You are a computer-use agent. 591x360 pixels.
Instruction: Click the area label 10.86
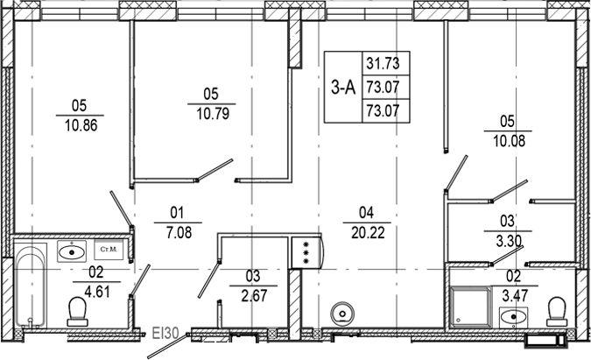tap(80, 124)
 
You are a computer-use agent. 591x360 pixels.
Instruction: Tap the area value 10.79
tap(211, 112)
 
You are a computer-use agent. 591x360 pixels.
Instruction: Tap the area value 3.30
tap(509, 238)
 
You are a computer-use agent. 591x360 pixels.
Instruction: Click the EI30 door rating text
tap(165, 333)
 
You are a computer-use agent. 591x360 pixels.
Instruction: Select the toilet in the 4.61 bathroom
tap(77, 309)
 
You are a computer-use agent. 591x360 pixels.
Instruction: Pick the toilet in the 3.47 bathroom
tap(556, 310)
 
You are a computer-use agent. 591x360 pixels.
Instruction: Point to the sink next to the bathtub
tap(69, 251)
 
